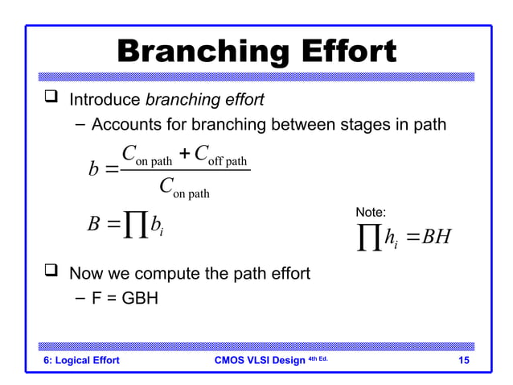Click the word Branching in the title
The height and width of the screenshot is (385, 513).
pyautogui.click(x=203, y=52)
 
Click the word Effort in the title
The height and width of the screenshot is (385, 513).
pyautogui.click(x=346, y=52)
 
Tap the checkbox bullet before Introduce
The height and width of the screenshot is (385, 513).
pyautogui.click(x=52, y=100)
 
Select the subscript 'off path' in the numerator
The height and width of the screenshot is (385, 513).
pyautogui.click(x=229, y=162)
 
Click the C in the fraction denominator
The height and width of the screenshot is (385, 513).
pyautogui.click(x=166, y=186)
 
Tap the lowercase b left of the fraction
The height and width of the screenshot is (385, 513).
pyautogui.click(x=93, y=171)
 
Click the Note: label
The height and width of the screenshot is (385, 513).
pyautogui.click(x=371, y=212)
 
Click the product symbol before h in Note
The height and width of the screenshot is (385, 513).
pyautogui.click(x=368, y=238)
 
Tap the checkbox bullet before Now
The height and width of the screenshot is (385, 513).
pyautogui.click(x=52, y=273)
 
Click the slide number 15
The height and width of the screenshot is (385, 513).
pyautogui.click(x=463, y=360)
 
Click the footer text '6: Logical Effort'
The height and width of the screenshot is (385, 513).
pyautogui.click(x=81, y=360)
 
